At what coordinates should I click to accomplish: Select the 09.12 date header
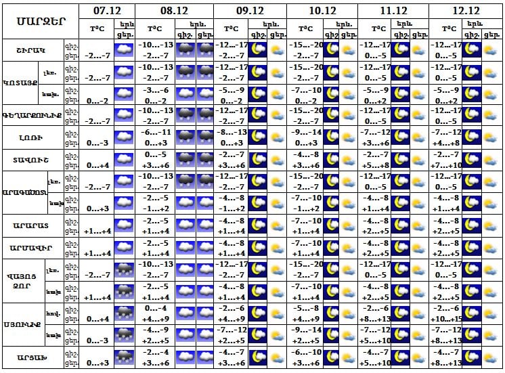coord(250,11)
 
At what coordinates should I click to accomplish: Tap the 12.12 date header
coord(465,11)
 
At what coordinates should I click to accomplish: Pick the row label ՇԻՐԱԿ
coord(32,49)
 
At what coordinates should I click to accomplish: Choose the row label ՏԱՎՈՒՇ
coord(32,160)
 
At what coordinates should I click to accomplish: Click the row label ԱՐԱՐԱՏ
coord(32,225)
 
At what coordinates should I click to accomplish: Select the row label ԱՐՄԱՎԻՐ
coord(32,247)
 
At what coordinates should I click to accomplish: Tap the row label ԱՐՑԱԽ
coord(32,357)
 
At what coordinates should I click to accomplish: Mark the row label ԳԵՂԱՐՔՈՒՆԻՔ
coord(32,116)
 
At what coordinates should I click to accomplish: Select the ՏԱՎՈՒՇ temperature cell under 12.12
coord(447,160)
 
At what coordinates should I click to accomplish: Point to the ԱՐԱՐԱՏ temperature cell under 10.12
coord(304,225)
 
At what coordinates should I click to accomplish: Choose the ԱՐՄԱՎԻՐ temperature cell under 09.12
coord(231,247)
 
